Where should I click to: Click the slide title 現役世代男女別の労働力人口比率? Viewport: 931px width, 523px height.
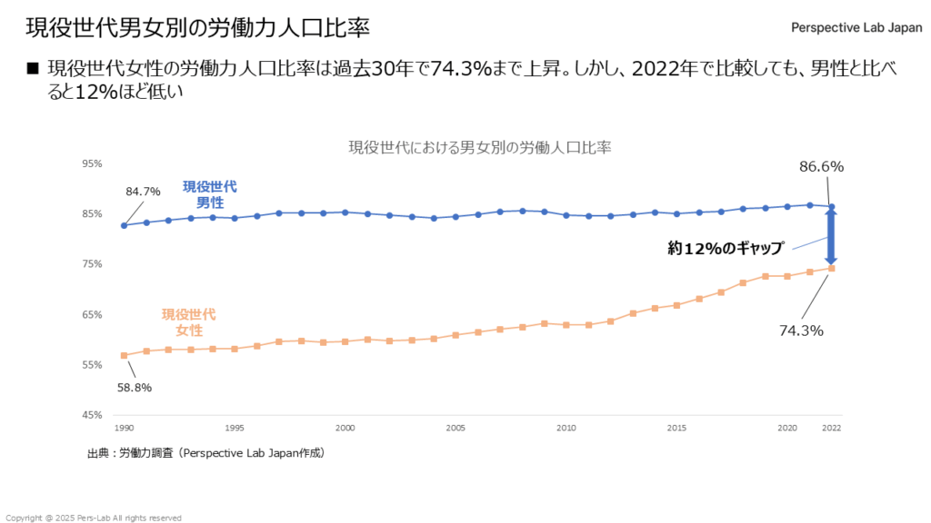pos(197,27)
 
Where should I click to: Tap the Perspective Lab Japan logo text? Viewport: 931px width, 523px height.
pos(856,27)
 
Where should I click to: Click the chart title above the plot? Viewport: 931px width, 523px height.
pos(480,147)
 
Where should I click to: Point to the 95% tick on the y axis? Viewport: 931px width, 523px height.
pos(92,164)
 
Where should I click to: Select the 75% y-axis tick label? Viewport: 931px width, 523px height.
pos(92,264)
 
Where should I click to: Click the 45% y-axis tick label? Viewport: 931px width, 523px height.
pos(92,416)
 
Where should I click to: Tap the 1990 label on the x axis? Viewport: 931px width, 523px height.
pos(124,428)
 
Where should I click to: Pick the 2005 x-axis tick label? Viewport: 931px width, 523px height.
pos(455,428)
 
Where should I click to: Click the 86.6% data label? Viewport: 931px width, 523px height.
pos(822,167)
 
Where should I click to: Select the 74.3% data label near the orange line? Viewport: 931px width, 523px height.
pos(801,331)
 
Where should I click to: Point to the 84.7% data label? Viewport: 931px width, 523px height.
pos(144,192)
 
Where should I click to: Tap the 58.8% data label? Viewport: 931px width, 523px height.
pos(134,388)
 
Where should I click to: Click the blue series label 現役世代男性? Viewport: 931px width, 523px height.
pos(210,194)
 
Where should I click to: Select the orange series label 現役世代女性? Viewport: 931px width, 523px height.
pos(188,322)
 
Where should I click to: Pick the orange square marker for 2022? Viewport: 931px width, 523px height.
pos(831,269)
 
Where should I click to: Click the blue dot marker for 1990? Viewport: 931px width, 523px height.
pos(124,225)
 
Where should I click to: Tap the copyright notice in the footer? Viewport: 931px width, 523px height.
pos(94,518)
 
